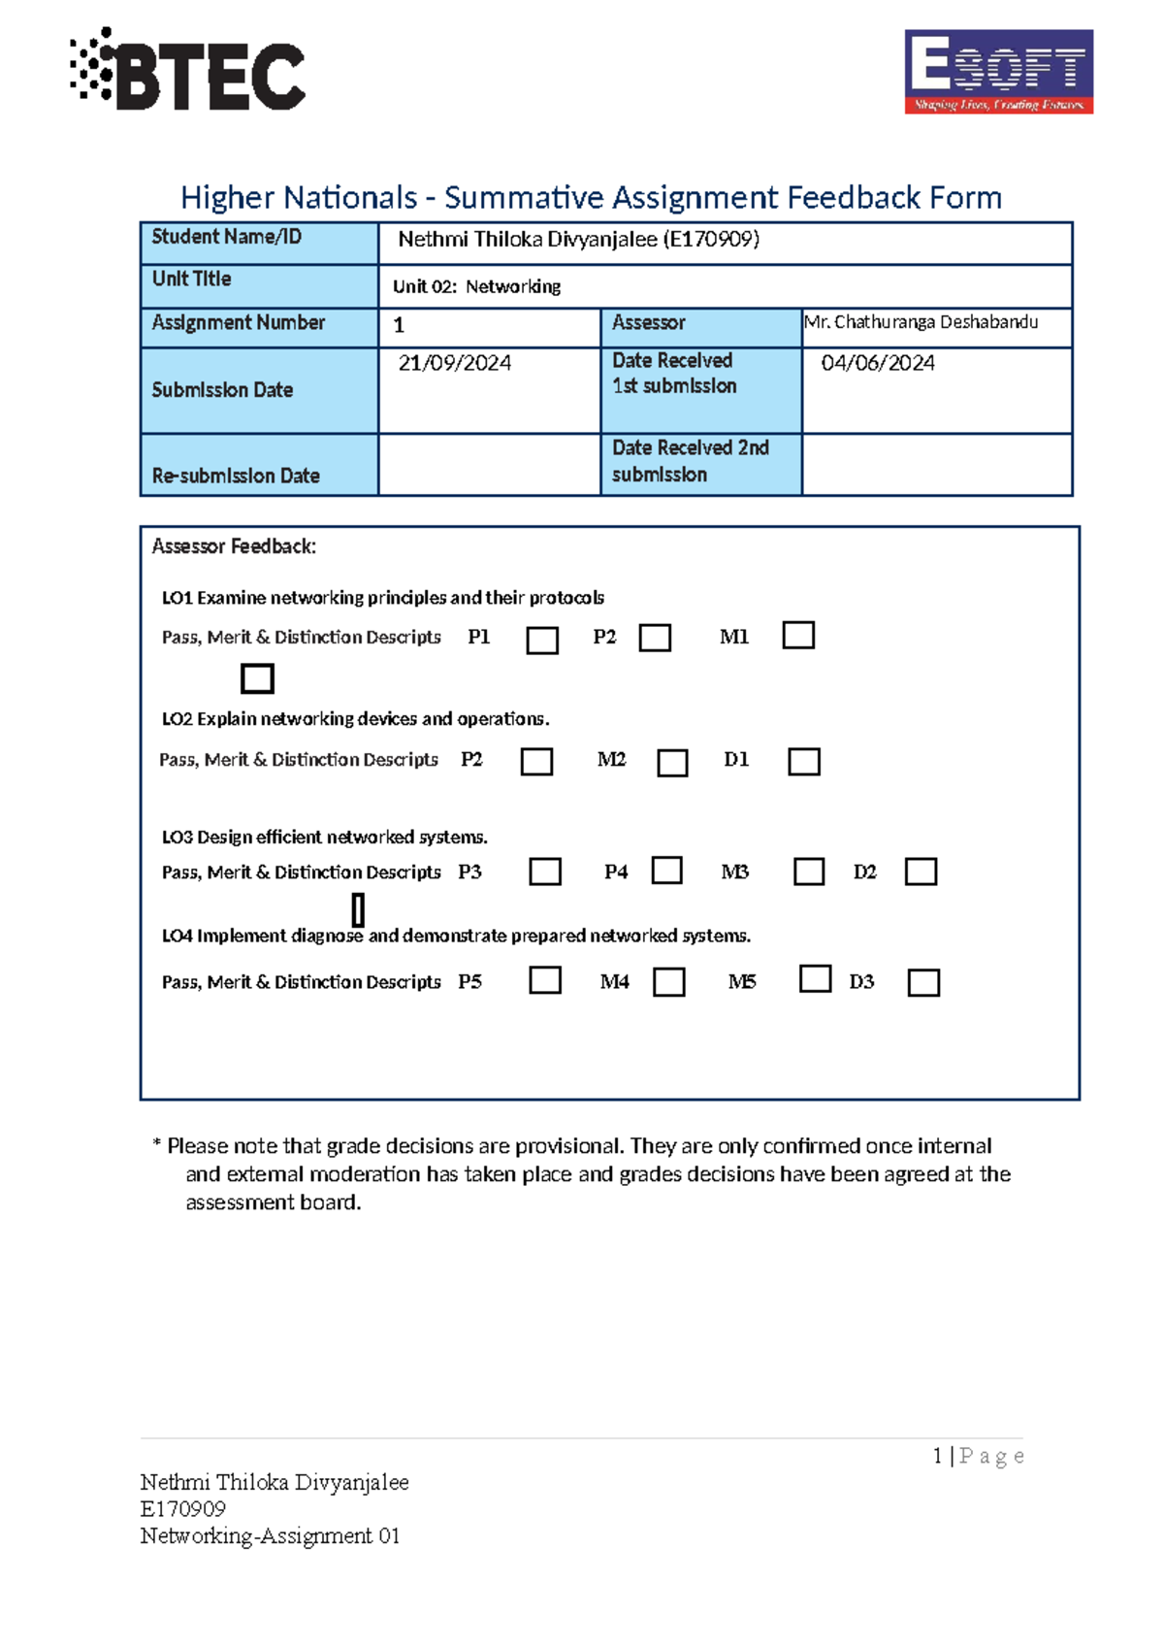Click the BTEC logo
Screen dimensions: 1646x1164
tap(188, 70)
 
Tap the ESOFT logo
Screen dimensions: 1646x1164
tap(998, 71)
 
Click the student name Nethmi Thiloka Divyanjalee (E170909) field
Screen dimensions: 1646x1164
tap(578, 240)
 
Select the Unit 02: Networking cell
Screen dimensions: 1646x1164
tap(476, 286)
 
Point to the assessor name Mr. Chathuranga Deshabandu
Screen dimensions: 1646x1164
tap(921, 322)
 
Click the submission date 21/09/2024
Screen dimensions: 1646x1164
tap(455, 363)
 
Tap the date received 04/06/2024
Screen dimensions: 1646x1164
tap(877, 363)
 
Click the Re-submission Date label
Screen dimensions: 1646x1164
tap(236, 476)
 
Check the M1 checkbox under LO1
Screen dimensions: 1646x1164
tap(797, 636)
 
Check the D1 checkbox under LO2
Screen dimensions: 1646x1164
tap(803, 762)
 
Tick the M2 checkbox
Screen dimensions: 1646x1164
tap(672, 763)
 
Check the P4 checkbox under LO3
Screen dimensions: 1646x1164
tap(666, 870)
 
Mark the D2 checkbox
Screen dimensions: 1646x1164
tap(921, 872)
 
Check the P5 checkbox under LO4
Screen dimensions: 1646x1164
tap(545, 980)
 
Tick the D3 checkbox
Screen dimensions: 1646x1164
tap(922, 983)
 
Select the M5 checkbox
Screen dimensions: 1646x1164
tap(815, 978)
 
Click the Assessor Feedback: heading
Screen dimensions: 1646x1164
tap(234, 546)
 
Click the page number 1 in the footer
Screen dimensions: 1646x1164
tap(937, 1456)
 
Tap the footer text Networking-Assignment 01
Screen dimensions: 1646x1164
tap(270, 1535)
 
